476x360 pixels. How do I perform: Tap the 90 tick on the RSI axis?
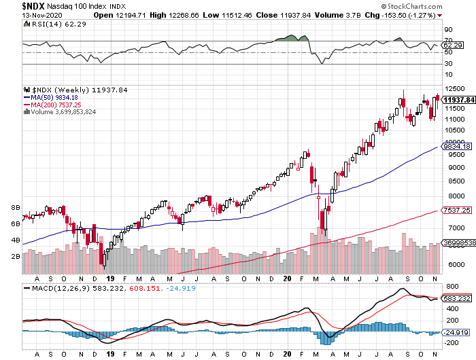pyautogui.click(x=447, y=30)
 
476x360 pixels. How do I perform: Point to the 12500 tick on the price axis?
pyautogui.click(x=453, y=89)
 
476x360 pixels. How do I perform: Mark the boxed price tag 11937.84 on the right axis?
pyautogui.click(x=458, y=99)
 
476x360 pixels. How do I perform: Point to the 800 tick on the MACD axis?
pyautogui.click(x=449, y=289)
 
